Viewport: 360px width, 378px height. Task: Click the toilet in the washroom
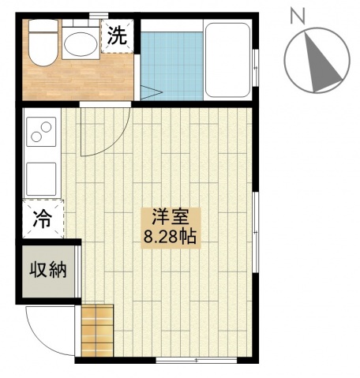[43, 43]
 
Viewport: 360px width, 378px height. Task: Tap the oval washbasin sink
[81, 44]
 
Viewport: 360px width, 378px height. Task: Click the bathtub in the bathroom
[227, 60]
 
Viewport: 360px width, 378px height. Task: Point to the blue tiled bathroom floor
[172, 66]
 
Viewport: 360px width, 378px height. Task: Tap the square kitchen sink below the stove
[41, 179]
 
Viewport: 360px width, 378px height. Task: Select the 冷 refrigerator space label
[43, 219]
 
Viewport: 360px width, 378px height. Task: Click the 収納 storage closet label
[48, 269]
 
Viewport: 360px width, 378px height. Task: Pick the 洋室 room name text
[171, 217]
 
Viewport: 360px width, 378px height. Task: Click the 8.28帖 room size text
[171, 237]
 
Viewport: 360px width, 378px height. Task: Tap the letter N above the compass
[298, 16]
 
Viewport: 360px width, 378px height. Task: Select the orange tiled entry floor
[97, 331]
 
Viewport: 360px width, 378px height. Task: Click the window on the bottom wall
[197, 360]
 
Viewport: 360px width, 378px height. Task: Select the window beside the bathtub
[255, 67]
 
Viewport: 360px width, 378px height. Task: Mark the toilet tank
[43, 26]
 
